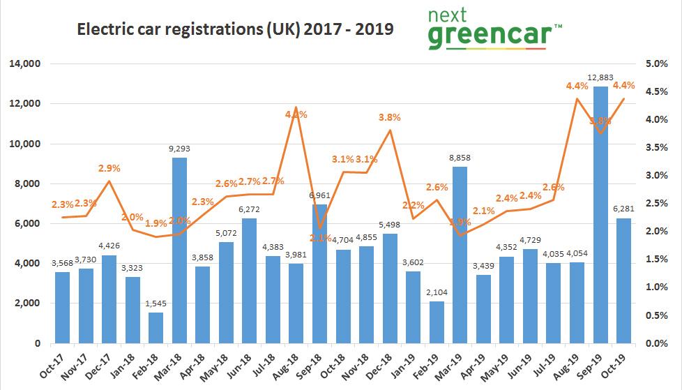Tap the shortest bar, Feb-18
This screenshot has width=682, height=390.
pyautogui.click(x=156, y=328)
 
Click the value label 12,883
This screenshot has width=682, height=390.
pyautogui.click(x=599, y=77)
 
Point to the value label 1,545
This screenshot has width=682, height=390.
pyautogui.click(x=156, y=303)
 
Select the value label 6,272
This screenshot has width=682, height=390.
pyautogui.click(x=249, y=209)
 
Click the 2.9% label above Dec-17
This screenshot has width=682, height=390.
pyautogui.click(x=109, y=168)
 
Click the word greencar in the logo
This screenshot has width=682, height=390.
pyautogui.click(x=489, y=36)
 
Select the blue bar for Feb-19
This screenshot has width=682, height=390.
pyautogui.click(x=436, y=322)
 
